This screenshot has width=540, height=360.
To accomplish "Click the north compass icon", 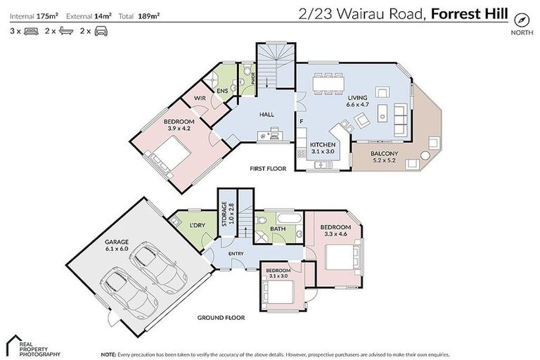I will click(521, 19).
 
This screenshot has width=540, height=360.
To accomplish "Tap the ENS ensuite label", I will click(221, 91).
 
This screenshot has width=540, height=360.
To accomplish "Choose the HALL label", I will click(266, 115).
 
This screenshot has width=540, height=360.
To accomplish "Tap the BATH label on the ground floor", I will click(278, 228).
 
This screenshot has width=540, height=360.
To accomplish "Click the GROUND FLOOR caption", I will click(220, 317).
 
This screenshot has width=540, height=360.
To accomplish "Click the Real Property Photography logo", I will click(32, 345).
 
